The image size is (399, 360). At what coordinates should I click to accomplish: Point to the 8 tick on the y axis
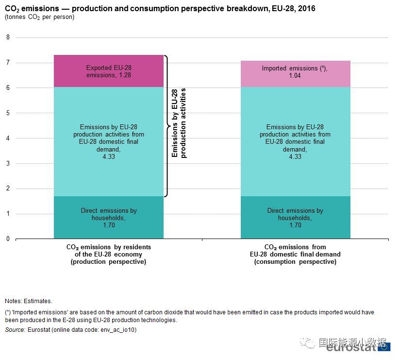pyautogui.click(x=8, y=37)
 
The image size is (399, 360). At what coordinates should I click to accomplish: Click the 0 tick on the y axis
pyautogui.click(x=8, y=239)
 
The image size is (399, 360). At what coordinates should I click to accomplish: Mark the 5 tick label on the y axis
pyautogui.click(x=8, y=113)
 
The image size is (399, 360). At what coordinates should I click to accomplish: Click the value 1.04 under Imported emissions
pyautogui.click(x=295, y=76)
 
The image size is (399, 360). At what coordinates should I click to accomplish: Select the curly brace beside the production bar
pyautogui.click(x=167, y=126)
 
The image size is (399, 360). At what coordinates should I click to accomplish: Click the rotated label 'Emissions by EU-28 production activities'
pyautogui.click(x=179, y=123)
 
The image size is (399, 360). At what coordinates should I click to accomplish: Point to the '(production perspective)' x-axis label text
pyautogui.click(x=109, y=262)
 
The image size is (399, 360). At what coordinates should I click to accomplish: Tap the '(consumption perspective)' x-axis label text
pyautogui.click(x=295, y=262)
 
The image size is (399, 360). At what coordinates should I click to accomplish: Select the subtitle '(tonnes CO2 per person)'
pyautogui.click(x=40, y=17)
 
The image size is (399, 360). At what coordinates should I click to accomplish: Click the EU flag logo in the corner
pyautogui.click(x=384, y=346)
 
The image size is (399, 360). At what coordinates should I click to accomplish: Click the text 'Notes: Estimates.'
pyautogui.click(x=28, y=301)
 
